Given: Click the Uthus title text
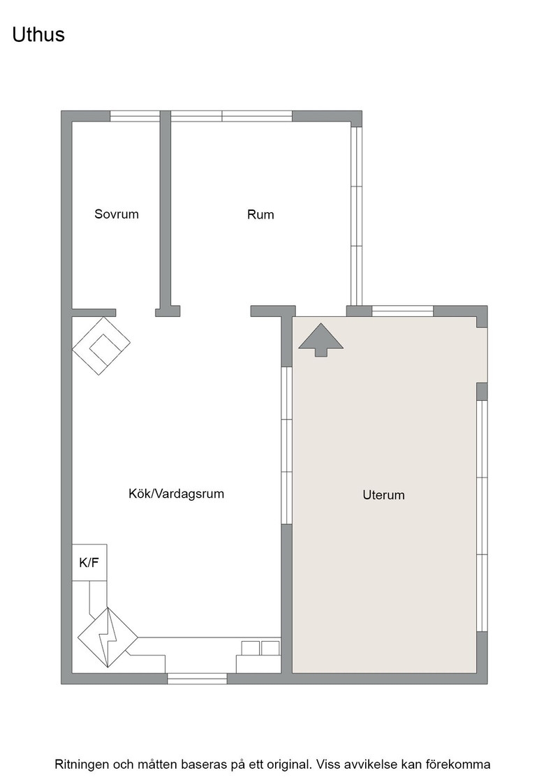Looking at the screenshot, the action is pyautogui.click(x=38, y=34).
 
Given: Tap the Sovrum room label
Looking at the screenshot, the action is pyautogui.click(x=117, y=214).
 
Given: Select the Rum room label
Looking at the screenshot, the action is pyautogui.click(x=260, y=214).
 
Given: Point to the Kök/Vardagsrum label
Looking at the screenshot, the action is pyautogui.click(x=177, y=494).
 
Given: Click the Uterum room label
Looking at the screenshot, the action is pyautogui.click(x=383, y=495).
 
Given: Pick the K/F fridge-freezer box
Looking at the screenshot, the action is pyautogui.click(x=89, y=563).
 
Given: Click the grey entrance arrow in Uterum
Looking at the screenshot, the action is pyautogui.click(x=321, y=339).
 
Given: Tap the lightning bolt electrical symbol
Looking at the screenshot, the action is pyautogui.click(x=108, y=638).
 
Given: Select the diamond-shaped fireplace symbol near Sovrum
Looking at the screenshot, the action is pyautogui.click(x=101, y=346).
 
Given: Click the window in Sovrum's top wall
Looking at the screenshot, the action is pyautogui.click(x=135, y=116).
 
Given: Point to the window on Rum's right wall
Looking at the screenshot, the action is pyautogui.click(x=356, y=216).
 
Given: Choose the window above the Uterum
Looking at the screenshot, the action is pyautogui.click(x=402, y=311).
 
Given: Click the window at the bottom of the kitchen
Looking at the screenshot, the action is pyautogui.click(x=197, y=678).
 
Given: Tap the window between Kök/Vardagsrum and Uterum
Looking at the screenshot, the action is pyautogui.click(x=286, y=445).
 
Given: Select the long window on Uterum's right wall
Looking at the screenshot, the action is pyautogui.click(x=482, y=516).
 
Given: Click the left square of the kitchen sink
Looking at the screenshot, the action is pyautogui.click(x=251, y=649).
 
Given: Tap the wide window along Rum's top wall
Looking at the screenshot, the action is pyautogui.click(x=231, y=116).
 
